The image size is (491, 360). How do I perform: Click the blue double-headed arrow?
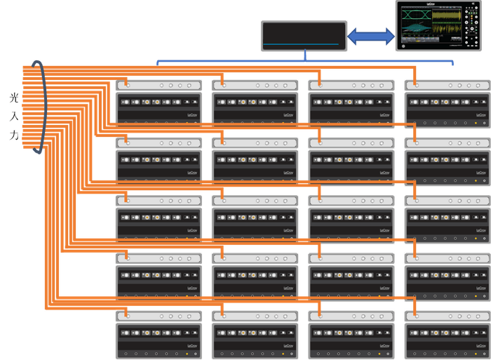tap(370, 37)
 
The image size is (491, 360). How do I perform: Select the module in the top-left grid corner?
tap(159, 102)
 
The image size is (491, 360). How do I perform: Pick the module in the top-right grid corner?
tap(447, 102)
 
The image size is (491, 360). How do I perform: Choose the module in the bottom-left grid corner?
tap(159, 333)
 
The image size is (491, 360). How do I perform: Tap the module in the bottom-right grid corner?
tap(447, 333)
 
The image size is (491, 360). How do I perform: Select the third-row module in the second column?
tap(255, 217)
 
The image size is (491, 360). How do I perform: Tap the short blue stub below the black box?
tap(306, 55)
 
